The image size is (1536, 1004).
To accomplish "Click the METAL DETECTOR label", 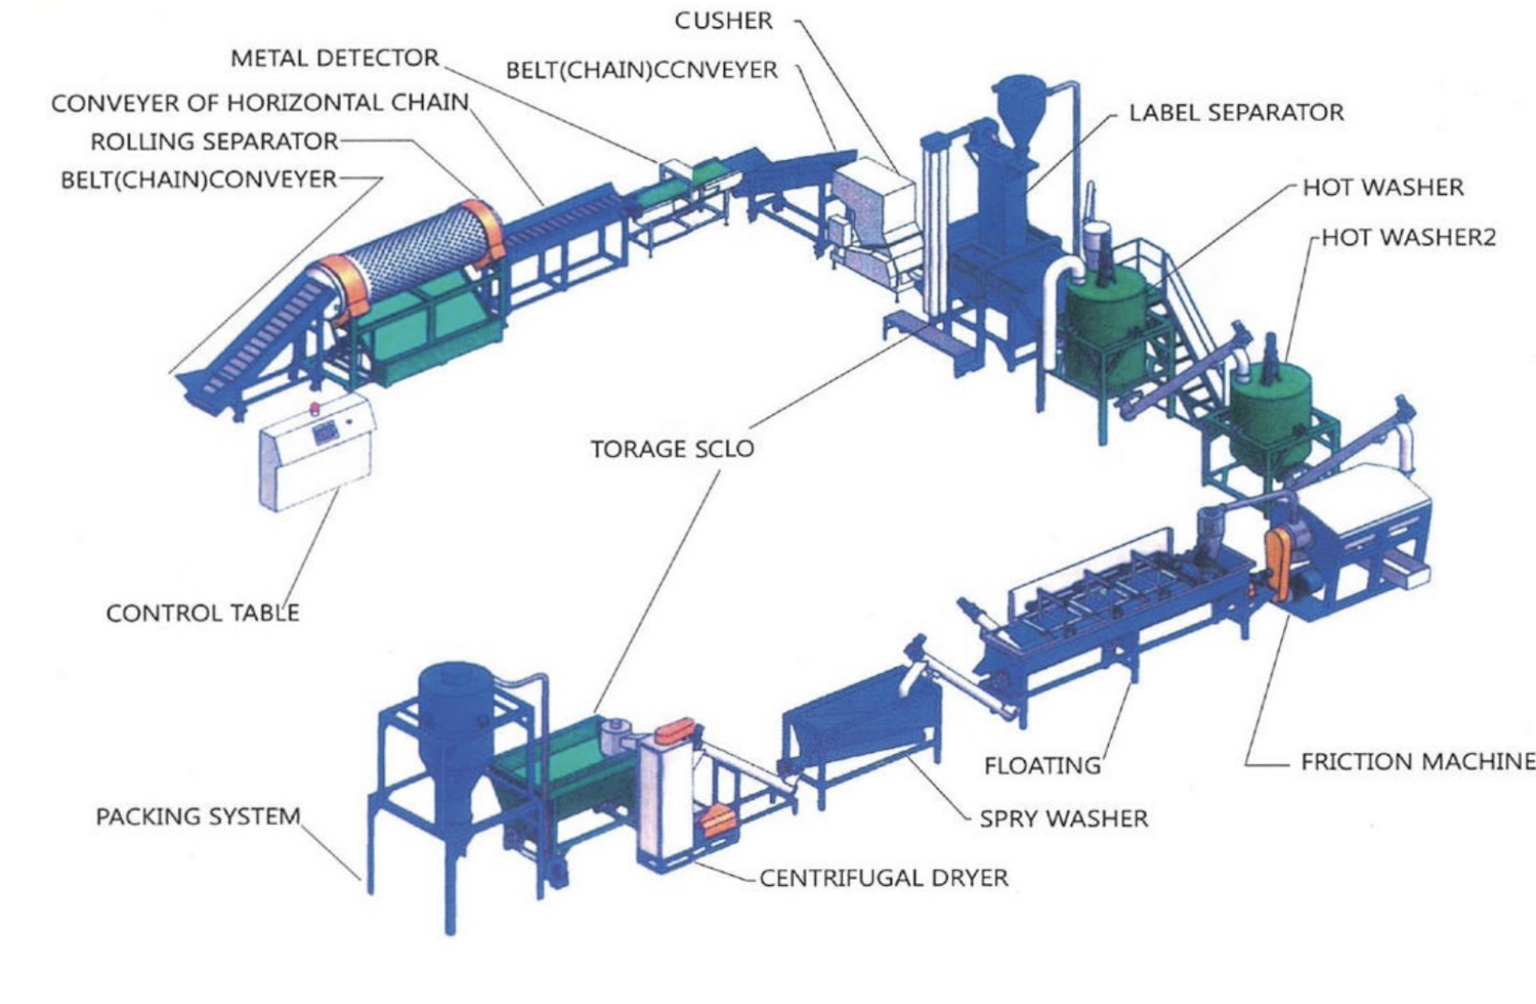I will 334,58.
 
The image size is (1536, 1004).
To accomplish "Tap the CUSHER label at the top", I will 723,21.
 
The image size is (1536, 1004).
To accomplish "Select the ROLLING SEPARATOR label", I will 214,141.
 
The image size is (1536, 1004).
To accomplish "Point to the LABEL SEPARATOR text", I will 1235,113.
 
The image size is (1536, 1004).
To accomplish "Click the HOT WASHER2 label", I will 1409,238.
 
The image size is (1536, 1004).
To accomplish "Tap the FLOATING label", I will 1042,766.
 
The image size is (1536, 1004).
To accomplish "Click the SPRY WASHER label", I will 1063,819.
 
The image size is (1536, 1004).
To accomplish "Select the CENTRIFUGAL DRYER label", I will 883,878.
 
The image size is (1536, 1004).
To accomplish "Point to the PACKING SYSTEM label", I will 198,817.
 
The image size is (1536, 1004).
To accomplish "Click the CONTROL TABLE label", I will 202,613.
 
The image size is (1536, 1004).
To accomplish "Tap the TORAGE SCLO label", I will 672,450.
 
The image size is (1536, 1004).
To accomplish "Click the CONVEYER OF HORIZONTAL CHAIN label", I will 259,102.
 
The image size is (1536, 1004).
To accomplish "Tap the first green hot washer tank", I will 1102,318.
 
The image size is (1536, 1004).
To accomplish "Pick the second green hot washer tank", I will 1270,412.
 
